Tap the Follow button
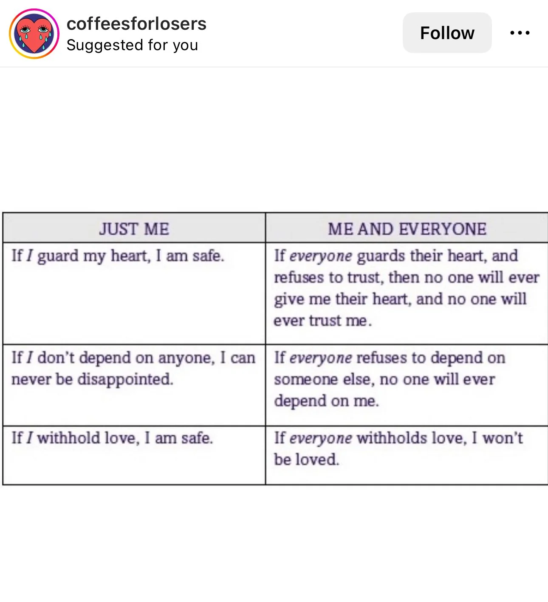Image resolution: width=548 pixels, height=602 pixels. [x=447, y=33]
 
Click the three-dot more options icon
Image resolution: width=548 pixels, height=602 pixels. [x=520, y=33]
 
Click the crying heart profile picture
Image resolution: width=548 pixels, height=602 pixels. [x=34, y=34]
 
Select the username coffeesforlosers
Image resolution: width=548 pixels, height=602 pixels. [x=136, y=23]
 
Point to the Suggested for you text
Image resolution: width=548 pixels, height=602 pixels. [x=132, y=45]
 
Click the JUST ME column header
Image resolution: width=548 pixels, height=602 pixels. [x=134, y=229]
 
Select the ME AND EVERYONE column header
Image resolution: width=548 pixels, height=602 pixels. [x=407, y=229]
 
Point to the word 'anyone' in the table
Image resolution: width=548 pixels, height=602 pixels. [x=186, y=358]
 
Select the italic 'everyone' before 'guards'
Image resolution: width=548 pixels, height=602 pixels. [x=321, y=256]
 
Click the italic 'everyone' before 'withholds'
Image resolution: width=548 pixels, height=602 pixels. [x=321, y=438]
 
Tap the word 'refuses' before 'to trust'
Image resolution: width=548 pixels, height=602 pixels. [x=299, y=278]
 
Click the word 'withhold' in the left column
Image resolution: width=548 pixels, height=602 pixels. [x=68, y=438]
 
